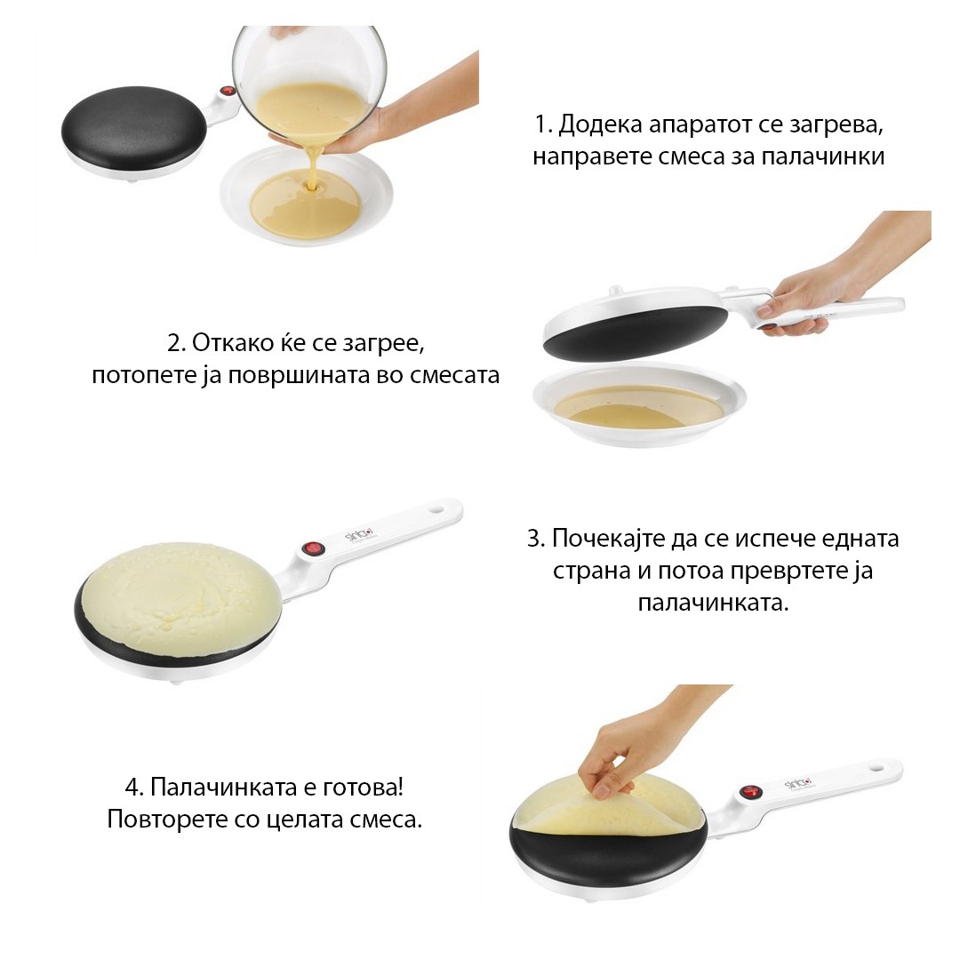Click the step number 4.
(133, 788)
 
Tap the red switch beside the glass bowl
(228, 92)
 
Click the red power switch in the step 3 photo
(312, 548)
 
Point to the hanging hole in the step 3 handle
(437, 508)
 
